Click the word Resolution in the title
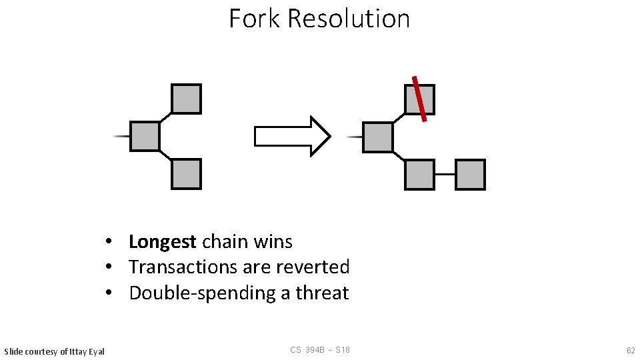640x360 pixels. [349, 19]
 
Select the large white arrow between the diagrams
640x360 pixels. [292, 137]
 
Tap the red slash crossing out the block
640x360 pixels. [419, 99]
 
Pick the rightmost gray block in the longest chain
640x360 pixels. [470, 175]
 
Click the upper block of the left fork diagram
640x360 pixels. [186, 99]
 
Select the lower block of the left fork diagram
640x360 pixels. [186, 174]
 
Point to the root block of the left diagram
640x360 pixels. [145, 136]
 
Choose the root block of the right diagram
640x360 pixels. [378, 137]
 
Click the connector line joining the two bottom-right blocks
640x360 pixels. [445, 175]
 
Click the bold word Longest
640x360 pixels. [162, 241]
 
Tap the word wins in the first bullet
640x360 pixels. [274, 241]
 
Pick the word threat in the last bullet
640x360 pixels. [322, 293]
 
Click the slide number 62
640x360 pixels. [630, 350]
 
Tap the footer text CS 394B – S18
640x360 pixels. [320, 350]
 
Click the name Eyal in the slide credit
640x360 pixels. [95, 351]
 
